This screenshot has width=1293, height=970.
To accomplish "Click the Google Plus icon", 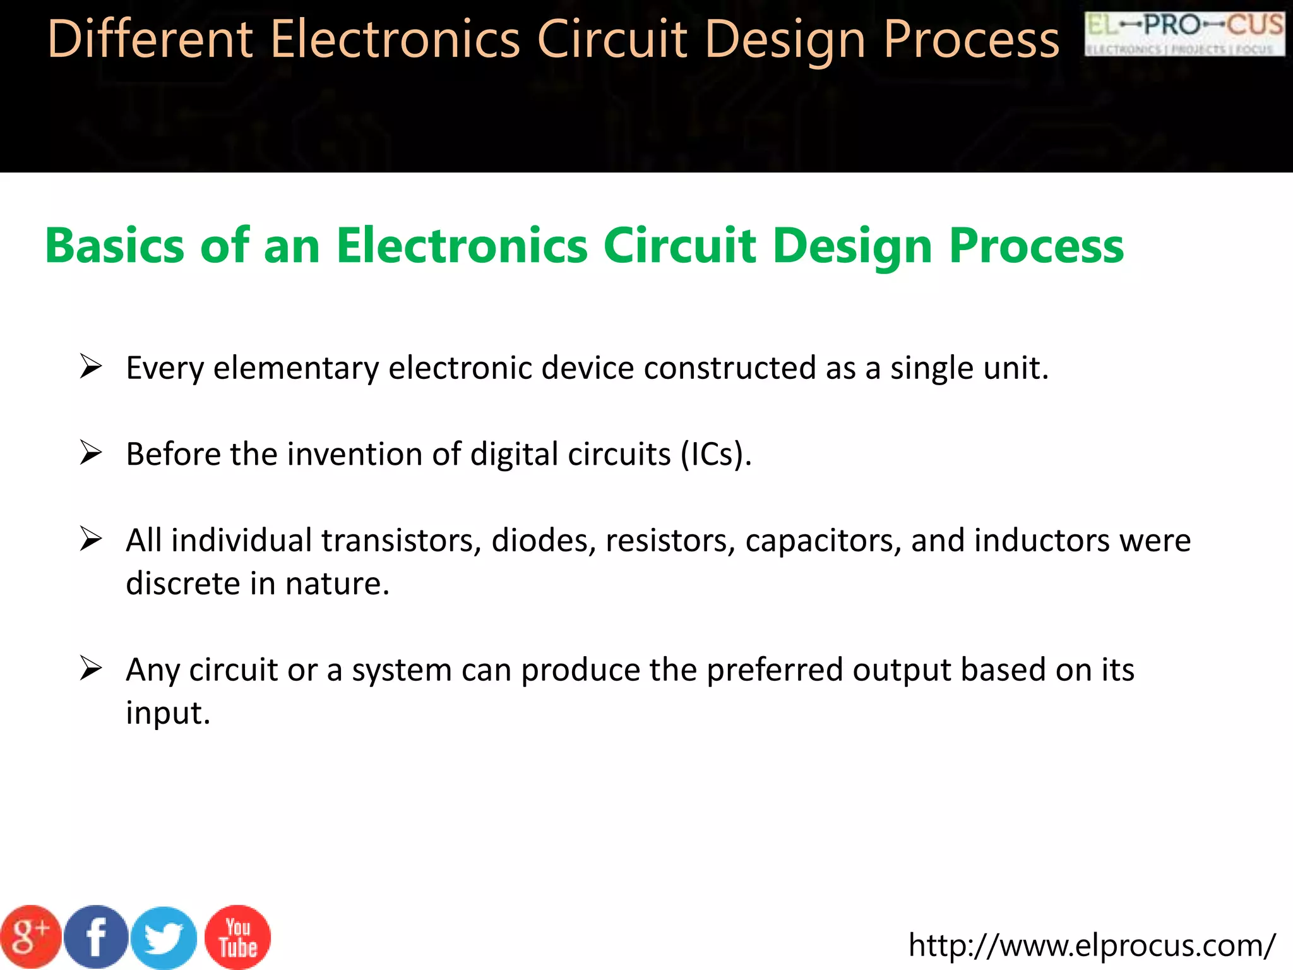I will pyautogui.click(x=30, y=937).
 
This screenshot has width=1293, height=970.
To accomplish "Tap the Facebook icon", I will pyautogui.click(x=96, y=937).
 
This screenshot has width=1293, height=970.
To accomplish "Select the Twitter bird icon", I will pyautogui.click(x=164, y=938).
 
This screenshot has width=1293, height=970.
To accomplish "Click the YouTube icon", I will pyautogui.click(x=238, y=937).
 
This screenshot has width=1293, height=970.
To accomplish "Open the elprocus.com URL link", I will pyautogui.click(x=1092, y=945).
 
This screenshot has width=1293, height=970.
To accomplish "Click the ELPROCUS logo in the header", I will pyautogui.click(x=1184, y=34).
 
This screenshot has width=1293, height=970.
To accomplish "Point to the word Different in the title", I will pyautogui.click(x=150, y=39).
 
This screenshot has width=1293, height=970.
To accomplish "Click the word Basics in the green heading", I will pyautogui.click(x=114, y=246).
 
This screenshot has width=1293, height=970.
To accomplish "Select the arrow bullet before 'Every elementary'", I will pyautogui.click(x=91, y=366).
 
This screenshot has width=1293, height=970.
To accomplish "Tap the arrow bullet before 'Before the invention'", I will pyautogui.click(x=91, y=453).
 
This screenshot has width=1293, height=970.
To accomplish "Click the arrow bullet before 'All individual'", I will pyautogui.click(x=91, y=539).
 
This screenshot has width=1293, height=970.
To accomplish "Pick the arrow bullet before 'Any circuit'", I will pyautogui.click(x=91, y=669).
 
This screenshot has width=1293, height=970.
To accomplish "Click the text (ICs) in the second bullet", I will pyautogui.click(x=716, y=454).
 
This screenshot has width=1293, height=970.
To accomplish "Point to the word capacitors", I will pyautogui.click(x=823, y=541).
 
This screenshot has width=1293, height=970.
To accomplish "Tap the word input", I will pyautogui.click(x=167, y=714).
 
